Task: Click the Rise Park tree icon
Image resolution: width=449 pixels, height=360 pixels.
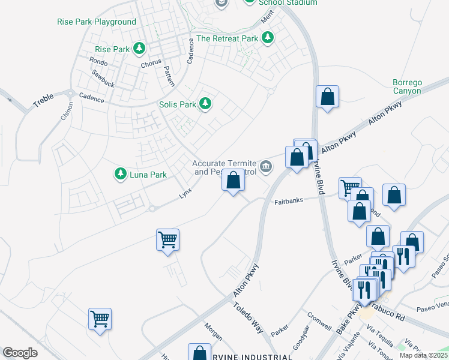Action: click(139, 48)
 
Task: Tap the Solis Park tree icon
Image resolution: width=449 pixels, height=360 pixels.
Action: click(205, 104)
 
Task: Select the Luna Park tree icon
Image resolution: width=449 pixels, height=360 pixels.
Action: click(120, 174)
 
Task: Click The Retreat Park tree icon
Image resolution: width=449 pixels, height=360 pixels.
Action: click(267, 38)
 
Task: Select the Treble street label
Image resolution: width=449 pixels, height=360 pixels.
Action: click(43, 100)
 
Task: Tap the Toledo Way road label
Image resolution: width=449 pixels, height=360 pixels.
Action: click(248, 317)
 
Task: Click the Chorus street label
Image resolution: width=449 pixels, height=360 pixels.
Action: click(151, 64)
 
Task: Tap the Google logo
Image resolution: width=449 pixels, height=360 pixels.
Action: click(20, 353)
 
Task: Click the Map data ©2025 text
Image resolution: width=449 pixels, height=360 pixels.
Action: click(424, 355)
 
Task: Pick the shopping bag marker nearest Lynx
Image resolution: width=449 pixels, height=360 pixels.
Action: click(233, 181)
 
